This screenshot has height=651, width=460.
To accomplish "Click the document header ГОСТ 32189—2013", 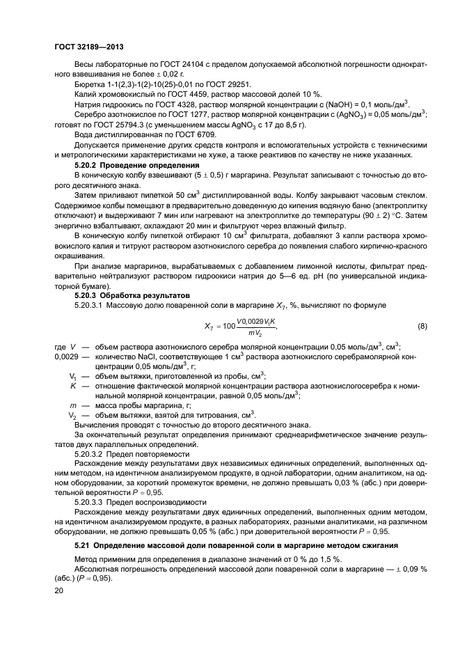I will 85,46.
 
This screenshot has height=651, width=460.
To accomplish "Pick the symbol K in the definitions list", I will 72,385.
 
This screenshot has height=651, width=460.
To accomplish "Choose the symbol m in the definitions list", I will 72,405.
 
